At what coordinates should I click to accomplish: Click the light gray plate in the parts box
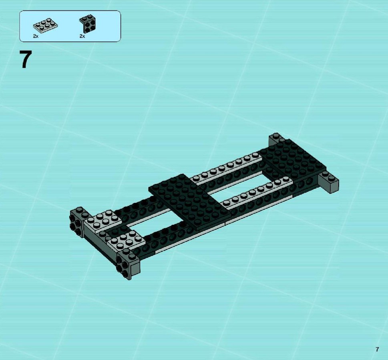click(x=45, y=26)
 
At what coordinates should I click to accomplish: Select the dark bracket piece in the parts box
click(x=87, y=24)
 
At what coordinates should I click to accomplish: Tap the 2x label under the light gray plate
click(x=36, y=36)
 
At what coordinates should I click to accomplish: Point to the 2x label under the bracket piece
click(x=82, y=36)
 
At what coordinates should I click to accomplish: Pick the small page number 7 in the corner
click(x=377, y=349)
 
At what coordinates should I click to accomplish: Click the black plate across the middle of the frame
click(x=190, y=201)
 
